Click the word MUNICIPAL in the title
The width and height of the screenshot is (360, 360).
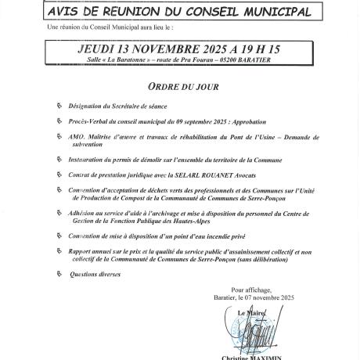269,12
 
